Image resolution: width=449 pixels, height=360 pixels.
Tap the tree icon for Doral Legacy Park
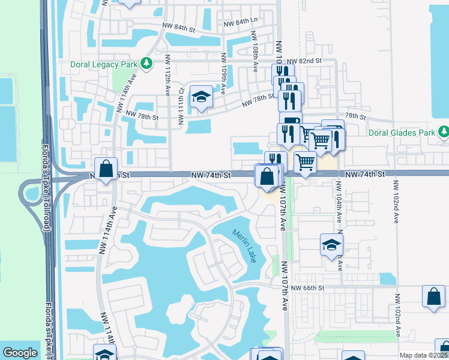(x=145, y=64)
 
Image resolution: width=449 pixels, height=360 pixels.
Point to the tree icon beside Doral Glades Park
(x=443, y=131)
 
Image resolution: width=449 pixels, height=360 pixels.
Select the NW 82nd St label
(x=304, y=61)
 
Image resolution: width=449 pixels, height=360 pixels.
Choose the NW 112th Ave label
(x=167, y=76)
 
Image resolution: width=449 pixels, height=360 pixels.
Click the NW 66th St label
(x=307, y=288)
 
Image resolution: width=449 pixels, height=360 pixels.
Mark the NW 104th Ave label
(x=339, y=205)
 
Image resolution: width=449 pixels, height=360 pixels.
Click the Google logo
(x=20, y=353)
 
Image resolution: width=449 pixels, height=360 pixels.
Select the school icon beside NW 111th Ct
(x=200, y=97)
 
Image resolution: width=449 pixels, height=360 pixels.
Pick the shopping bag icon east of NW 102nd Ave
(x=433, y=296)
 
